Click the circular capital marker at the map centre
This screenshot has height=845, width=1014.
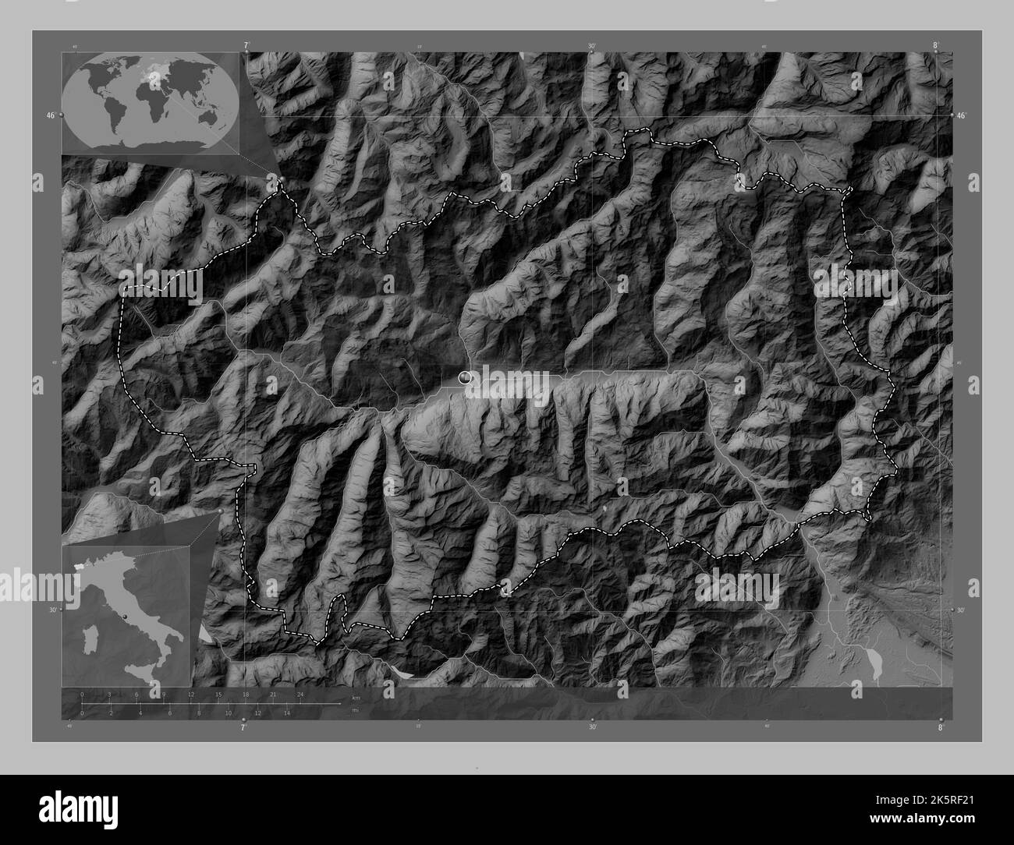pos(466,378)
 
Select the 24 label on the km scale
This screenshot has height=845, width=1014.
pos(300,694)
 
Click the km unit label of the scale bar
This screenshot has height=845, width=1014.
pos(356,697)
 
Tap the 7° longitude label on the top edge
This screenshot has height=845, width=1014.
pos(246,46)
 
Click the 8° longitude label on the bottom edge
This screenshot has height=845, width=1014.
pos(941,727)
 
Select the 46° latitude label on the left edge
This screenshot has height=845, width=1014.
pos(50,115)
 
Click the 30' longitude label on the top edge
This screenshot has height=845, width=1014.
pos(592,46)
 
